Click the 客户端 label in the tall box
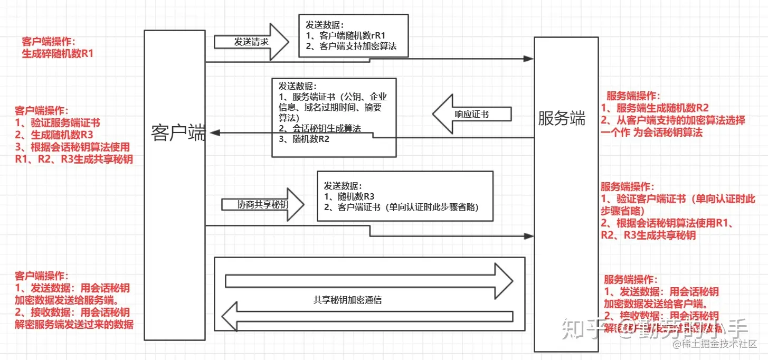178,132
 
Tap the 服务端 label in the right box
562,119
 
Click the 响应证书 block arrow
471,114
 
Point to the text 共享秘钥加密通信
347,300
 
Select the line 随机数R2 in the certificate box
310,139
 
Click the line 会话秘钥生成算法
323,129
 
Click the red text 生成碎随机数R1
58,53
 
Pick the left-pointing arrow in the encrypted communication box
367,317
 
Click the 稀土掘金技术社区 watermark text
716,344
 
